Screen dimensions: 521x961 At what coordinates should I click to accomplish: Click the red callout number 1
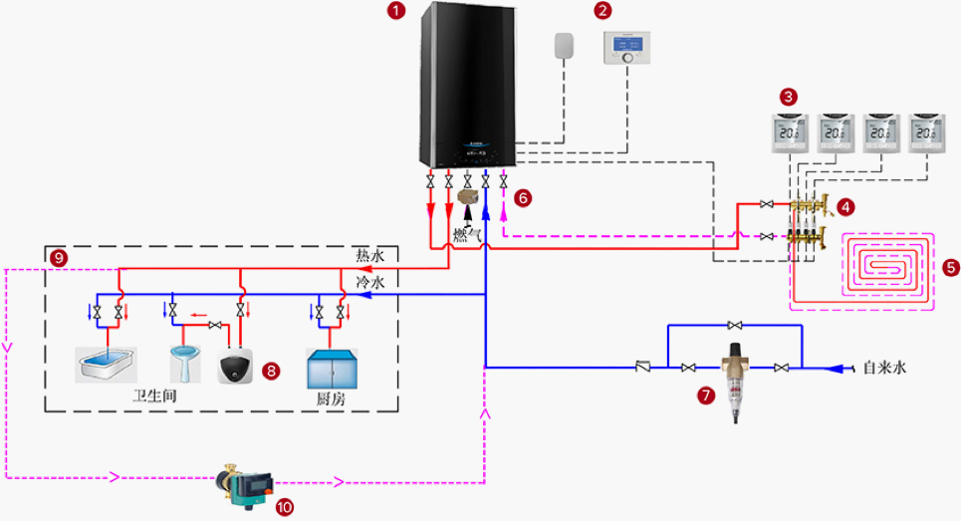(397, 11)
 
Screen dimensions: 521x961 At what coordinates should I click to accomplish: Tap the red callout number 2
(601, 11)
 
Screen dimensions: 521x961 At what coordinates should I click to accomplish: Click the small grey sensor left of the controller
(565, 46)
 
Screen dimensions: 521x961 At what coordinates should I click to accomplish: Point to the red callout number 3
(789, 97)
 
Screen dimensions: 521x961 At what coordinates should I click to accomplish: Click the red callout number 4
(845, 207)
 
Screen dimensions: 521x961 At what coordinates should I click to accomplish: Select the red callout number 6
(524, 198)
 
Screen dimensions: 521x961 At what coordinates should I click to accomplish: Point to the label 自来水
(884, 368)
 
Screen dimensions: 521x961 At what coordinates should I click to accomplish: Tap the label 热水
(369, 256)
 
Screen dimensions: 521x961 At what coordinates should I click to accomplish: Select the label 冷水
(369, 283)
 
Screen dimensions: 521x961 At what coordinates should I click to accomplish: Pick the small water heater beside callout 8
(235, 367)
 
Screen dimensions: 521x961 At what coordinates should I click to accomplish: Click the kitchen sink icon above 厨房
(332, 369)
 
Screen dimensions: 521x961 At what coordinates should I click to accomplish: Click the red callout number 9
(59, 257)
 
